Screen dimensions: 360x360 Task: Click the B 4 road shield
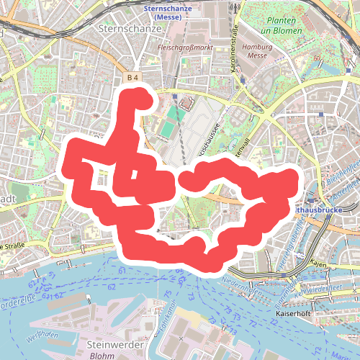(132, 76)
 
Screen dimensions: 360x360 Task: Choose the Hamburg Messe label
(256, 50)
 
